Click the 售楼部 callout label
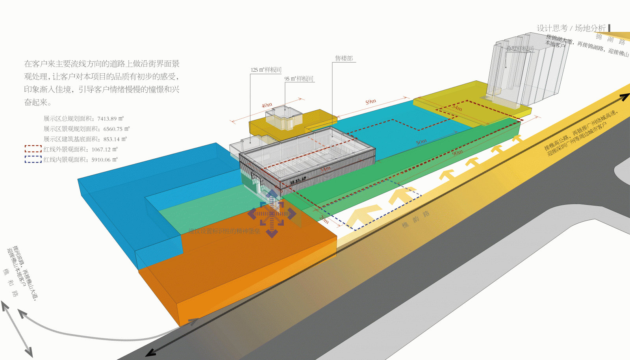click(344, 58)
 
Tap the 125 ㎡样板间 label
click(266, 70)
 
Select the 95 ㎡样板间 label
click(299, 79)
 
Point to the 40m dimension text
click(267, 105)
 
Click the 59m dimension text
click(371, 102)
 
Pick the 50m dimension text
click(421, 142)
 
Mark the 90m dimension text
click(457, 152)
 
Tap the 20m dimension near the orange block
click(324, 220)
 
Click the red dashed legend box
click(33, 149)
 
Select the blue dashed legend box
click(33, 159)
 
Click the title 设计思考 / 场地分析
click(571, 28)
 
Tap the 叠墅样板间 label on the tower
click(520, 48)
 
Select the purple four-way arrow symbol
click(272, 214)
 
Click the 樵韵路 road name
click(415, 219)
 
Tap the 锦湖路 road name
click(610, 39)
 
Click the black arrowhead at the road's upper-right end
click(624, 96)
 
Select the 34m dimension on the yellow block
click(457, 107)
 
